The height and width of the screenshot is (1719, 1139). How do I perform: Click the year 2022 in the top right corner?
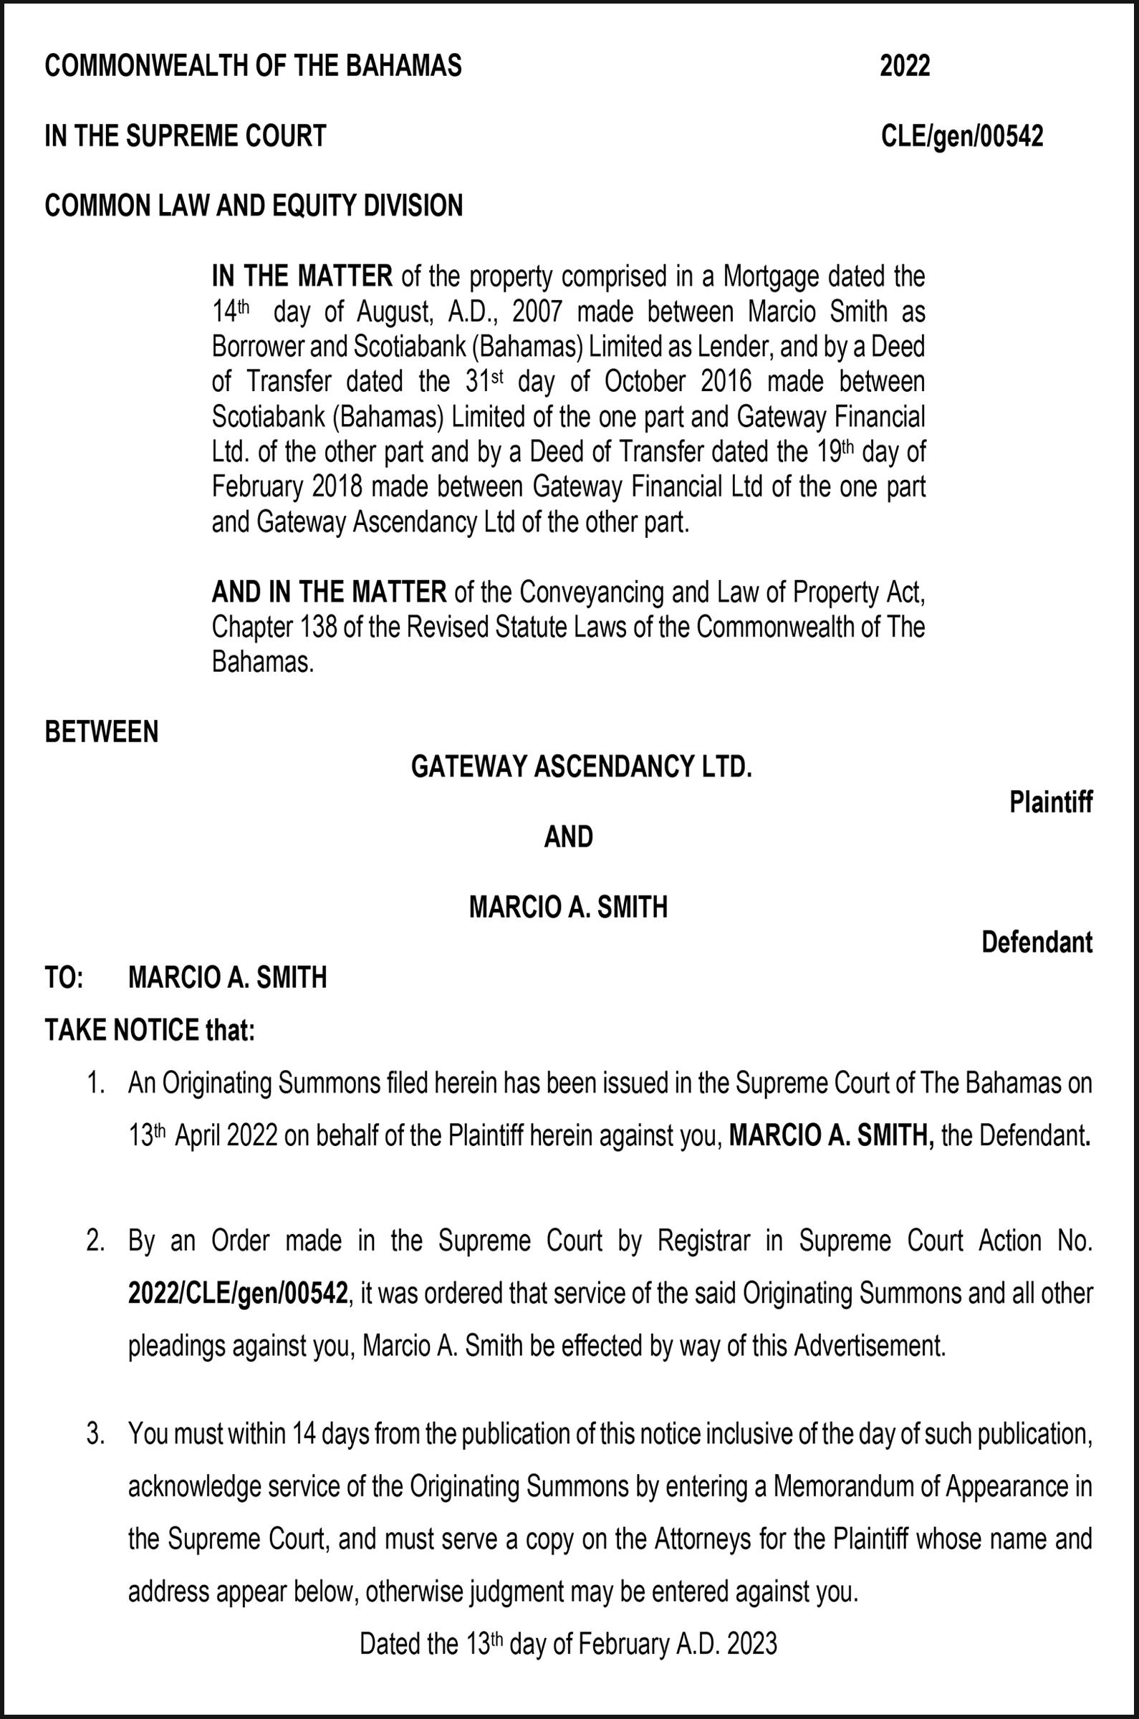tap(904, 67)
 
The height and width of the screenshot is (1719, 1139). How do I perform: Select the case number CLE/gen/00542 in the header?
tap(962, 137)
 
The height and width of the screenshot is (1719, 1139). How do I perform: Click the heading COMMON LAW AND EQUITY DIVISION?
tap(254, 206)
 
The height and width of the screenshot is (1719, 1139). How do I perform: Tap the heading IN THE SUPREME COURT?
tap(186, 137)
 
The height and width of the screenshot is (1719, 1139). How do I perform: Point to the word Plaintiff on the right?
tap(1050, 802)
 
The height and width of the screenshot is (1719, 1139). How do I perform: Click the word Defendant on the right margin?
tap(1037, 943)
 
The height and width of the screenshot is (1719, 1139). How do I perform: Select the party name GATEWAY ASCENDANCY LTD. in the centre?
tap(581, 767)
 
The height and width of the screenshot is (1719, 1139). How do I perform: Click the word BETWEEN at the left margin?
tap(101, 732)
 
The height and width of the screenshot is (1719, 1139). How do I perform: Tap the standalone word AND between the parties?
tap(569, 837)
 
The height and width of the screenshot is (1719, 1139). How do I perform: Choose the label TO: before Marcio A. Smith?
tap(64, 978)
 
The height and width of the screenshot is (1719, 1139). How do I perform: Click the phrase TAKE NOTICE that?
tap(150, 1031)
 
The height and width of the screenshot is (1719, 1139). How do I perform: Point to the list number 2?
tap(95, 1241)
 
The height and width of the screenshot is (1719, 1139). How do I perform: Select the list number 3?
tap(95, 1435)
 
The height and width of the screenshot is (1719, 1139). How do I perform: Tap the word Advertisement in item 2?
tap(870, 1347)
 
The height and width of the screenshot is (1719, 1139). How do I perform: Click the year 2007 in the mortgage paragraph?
tap(537, 312)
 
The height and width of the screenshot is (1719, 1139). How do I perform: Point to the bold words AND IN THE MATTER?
tap(329, 592)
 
